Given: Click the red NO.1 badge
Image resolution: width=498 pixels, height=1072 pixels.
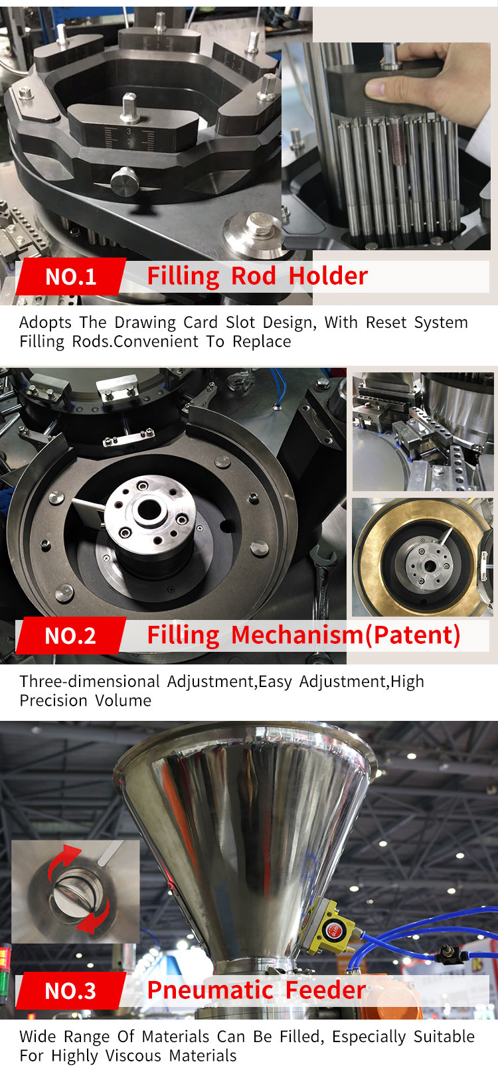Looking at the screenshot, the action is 71,276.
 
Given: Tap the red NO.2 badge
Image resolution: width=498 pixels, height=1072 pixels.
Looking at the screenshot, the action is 71,635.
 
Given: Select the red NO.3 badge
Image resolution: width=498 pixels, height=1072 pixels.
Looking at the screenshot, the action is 71,990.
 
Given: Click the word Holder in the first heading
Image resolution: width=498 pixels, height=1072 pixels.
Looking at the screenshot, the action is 328,275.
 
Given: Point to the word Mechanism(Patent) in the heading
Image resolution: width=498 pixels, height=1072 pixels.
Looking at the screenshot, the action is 346,635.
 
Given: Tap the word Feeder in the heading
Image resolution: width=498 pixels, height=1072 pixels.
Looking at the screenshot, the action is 325,990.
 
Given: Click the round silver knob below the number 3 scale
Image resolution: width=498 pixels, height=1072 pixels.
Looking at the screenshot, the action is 125,181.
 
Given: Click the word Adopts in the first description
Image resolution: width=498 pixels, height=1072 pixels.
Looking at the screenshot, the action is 46,323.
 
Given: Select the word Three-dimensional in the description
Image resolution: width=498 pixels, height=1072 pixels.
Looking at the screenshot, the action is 90,681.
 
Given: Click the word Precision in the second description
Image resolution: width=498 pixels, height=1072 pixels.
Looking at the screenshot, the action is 54,700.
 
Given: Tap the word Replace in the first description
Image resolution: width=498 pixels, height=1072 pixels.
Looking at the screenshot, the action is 262,342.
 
